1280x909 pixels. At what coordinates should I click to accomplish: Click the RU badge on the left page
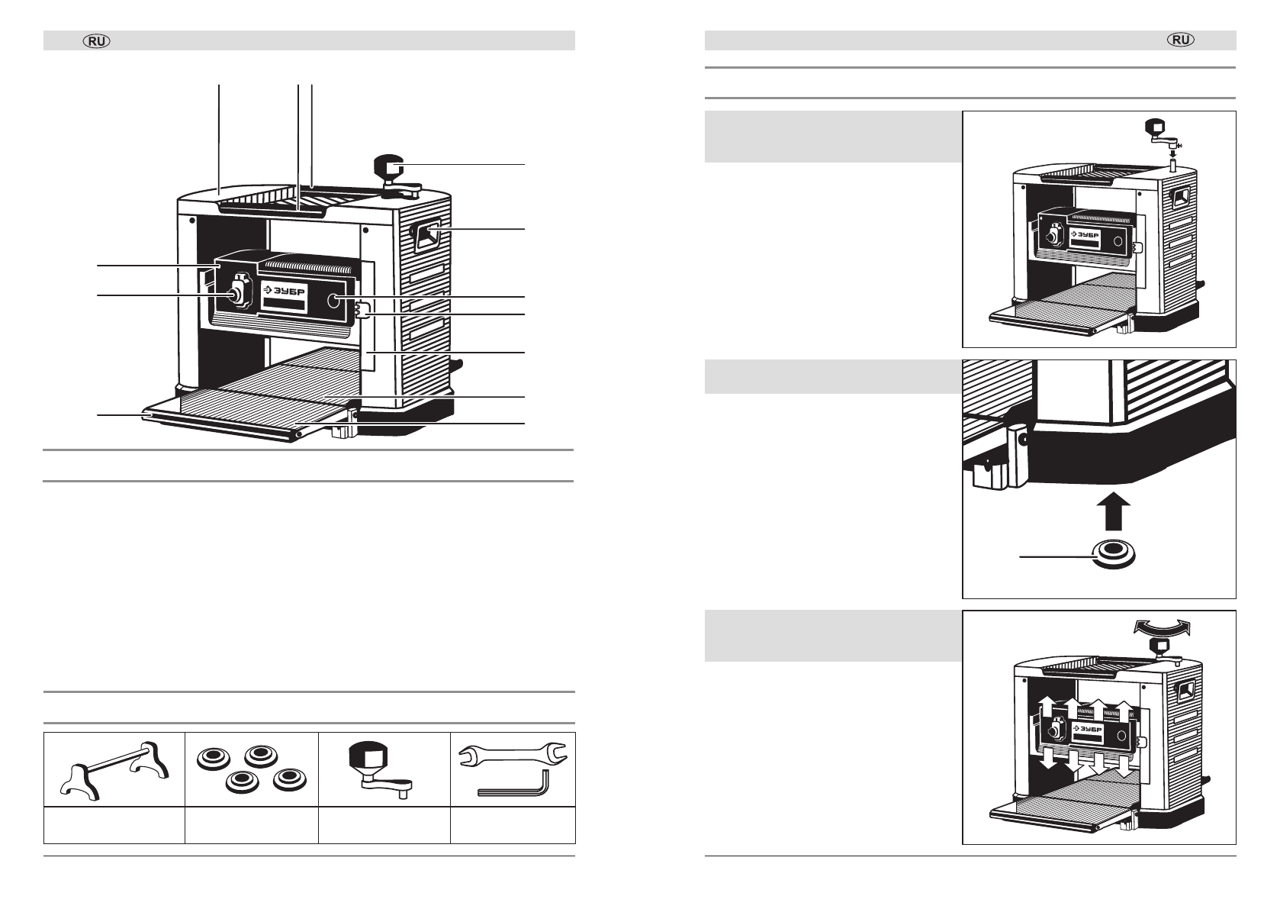[x=96, y=41]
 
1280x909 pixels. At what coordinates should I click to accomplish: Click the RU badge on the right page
[x=1182, y=41]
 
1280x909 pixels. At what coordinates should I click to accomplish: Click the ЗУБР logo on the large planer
[x=285, y=291]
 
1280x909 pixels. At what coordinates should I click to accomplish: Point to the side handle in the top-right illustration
[x=1181, y=198]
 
